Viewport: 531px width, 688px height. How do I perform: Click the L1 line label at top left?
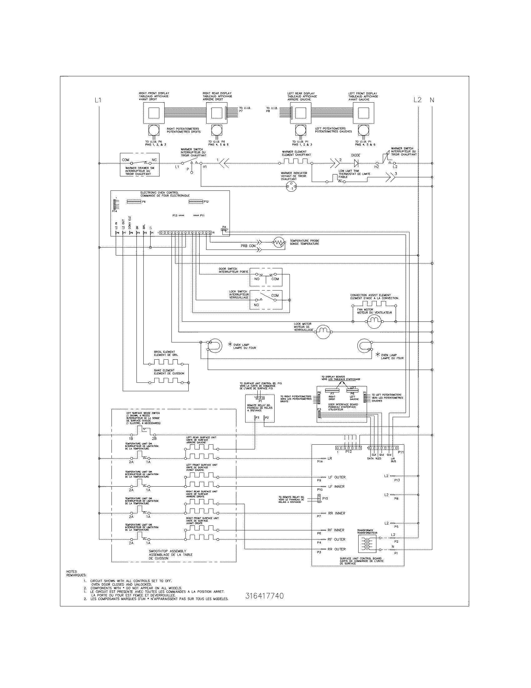click(98, 100)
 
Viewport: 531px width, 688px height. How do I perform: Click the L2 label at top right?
click(417, 100)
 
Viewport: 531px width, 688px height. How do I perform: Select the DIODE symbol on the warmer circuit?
click(356, 163)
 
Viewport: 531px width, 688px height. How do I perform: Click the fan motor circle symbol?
click(374, 321)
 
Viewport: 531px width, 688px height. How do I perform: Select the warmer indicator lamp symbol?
click(291, 186)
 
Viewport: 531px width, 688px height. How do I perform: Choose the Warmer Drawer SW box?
click(140, 165)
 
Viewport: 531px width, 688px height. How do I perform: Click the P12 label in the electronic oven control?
click(206, 202)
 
